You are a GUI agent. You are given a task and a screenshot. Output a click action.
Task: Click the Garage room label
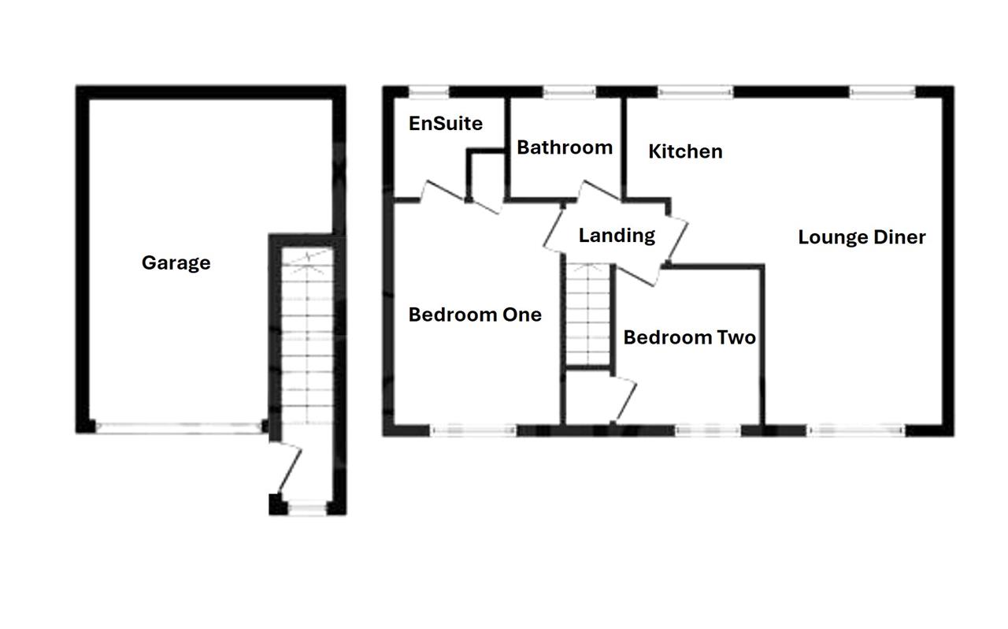(x=176, y=263)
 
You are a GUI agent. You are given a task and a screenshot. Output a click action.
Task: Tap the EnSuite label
(x=446, y=124)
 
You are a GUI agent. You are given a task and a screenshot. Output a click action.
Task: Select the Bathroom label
(x=565, y=147)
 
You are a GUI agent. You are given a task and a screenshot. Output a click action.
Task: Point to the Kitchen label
(x=685, y=151)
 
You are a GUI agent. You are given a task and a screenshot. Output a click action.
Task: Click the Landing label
(x=617, y=236)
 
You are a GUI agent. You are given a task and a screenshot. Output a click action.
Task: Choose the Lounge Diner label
(x=862, y=237)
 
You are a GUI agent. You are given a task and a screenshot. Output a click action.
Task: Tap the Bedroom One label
(x=475, y=314)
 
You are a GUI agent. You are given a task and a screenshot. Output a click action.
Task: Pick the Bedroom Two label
(x=689, y=337)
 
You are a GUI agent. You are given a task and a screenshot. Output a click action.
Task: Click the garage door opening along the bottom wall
(x=179, y=427)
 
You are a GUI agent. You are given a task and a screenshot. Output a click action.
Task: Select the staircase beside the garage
(x=307, y=336)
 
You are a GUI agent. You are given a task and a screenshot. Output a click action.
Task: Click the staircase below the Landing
(x=587, y=314)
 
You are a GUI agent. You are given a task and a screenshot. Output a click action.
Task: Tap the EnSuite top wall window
(x=428, y=92)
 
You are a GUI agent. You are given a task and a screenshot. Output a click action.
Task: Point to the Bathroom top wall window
(x=569, y=92)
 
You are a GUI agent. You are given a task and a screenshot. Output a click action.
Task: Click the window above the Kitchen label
(x=695, y=92)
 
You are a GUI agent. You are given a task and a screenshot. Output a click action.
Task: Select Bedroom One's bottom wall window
(x=473, y=431)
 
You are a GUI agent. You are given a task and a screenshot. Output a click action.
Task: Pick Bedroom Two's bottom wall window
(x=708, y=431)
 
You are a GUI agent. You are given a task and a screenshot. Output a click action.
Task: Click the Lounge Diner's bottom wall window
(x=856, y=431)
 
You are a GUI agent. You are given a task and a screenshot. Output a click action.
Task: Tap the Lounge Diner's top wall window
(x=883, y=92)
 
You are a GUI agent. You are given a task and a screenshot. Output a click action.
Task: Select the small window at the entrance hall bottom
(x=307, y=508)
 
